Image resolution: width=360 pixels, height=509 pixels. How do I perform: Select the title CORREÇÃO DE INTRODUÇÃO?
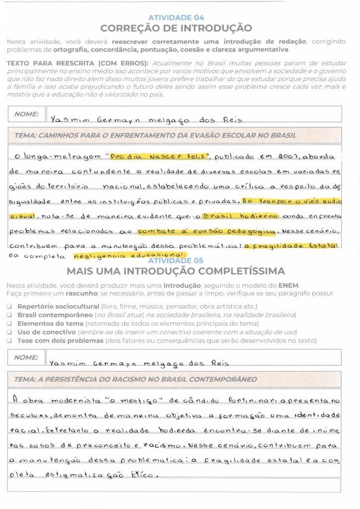pyautogui.click(x=176, y=28)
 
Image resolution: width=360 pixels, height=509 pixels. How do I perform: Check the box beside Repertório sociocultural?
pyautogui.click(x=9, y=307)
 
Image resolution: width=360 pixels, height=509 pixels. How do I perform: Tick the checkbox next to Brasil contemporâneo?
pyautogui.click(x=9, y=315)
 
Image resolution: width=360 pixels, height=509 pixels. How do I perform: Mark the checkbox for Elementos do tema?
pyautogui.click(x=9, y=324)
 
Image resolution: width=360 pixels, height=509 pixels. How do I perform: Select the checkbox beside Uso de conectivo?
pyautogui.click(x=9, y=332)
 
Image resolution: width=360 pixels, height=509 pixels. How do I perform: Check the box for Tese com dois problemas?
pyautogui.click(x=9, y=340)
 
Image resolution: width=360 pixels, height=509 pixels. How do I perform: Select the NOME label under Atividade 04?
pyautogui.click(x=26, y=114)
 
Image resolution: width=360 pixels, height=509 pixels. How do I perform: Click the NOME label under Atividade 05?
pyautogui.click(x=26, y=357)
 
